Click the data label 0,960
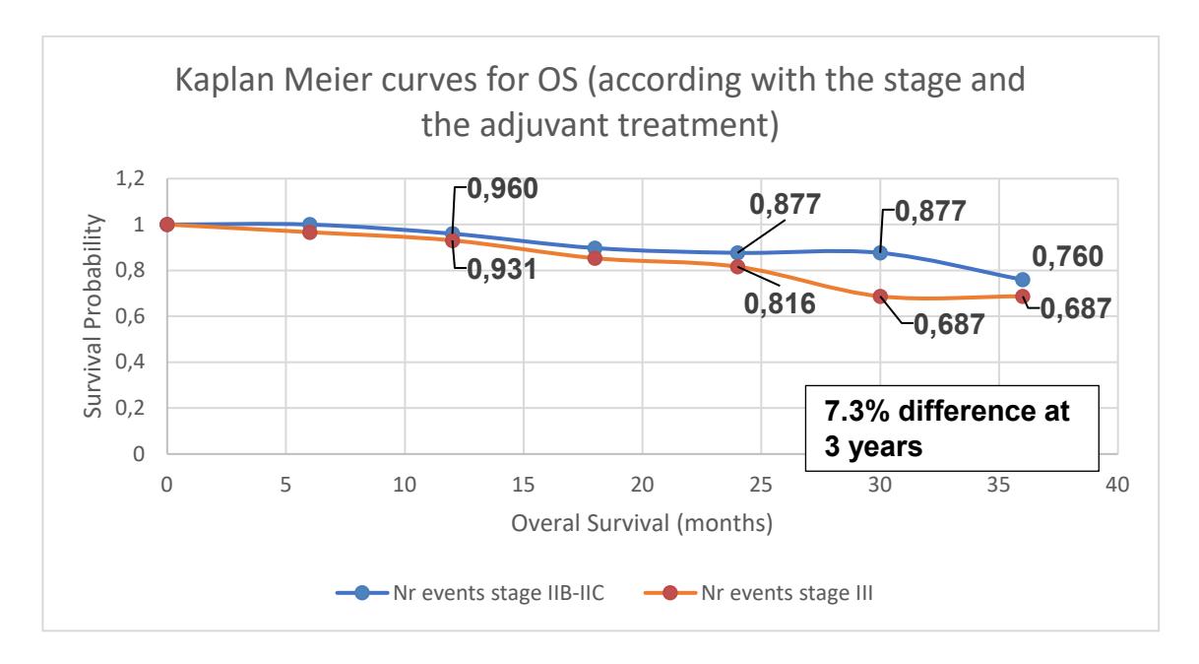(x=503, y=189)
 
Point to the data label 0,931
(x=501, y=269)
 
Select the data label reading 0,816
(x=780, y=304)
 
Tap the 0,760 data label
(x=1067, y=256)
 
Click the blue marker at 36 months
(x=1023, y=280)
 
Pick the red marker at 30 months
(x=880, y=297)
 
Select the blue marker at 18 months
(x=595, y=248)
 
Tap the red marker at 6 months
(x=309, y=232)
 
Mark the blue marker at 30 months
(x=880, y=253)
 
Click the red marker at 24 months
(x=737, y=266)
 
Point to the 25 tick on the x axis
(x=761, y=485)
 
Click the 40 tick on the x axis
(x=1117, y=485)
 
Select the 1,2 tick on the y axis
(x=130, y=178)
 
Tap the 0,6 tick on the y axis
(x=130, y=316)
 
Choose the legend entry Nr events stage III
(x=758, y=593)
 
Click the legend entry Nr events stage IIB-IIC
(x=470, y=593)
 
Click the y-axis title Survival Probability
(x=93, y=316)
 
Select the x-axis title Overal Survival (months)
(x=642, y=523)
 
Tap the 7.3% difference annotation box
(x=952, y=429)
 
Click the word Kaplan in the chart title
(x=225, y=81)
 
